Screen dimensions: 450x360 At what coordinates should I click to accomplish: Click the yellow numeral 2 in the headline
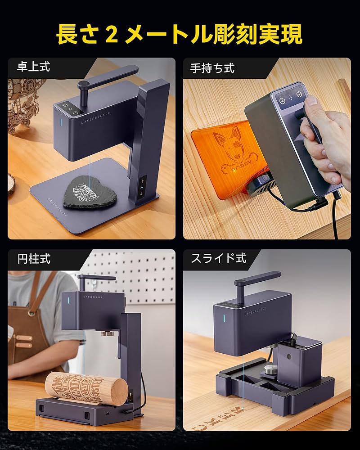pos(112,34)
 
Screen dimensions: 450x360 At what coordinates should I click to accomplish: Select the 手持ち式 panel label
pos(212,68)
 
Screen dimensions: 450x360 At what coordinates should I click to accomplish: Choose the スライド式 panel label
pos(219,259)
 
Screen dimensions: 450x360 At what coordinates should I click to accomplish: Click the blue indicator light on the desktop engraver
pos(61,122)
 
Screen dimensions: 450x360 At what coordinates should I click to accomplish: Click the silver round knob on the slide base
pos(270,370)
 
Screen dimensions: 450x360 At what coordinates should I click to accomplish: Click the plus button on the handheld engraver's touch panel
pos(291,97)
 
